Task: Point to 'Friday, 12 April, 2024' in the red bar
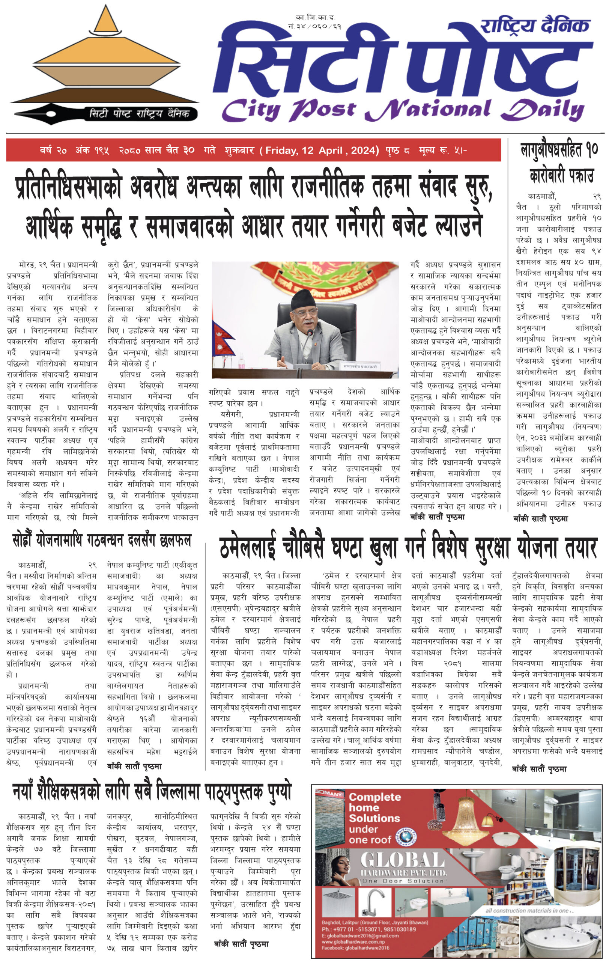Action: [322, 151]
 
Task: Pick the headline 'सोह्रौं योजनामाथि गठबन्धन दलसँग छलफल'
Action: [102, 540]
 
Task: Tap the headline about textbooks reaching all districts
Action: [152, 791]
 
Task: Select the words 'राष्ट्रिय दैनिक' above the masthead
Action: [535, 26]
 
